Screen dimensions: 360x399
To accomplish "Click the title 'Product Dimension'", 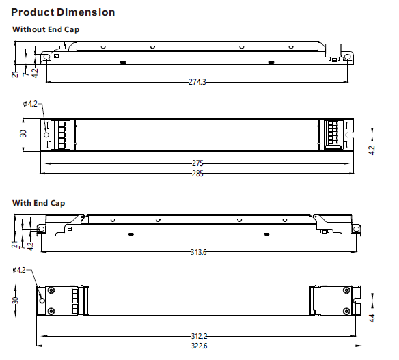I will point(63,12).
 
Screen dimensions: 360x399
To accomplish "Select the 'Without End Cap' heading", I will point(46,29).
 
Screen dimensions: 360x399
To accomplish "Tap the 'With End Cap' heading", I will point(38,203).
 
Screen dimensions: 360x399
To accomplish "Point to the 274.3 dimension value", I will point(197,82).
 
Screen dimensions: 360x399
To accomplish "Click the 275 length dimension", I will point(198,164).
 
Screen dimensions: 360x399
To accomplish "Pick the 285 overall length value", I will point(198,174).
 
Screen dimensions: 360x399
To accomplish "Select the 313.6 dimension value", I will point(198,252).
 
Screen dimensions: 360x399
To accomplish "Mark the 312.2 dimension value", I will point(198,335).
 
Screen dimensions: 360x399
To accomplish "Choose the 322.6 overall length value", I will point(198,346).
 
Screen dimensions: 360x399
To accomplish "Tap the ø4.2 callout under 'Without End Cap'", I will point(31,104).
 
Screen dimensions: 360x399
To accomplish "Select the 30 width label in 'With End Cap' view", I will point(15,300).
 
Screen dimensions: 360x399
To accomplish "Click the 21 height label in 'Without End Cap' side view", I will point(15,73).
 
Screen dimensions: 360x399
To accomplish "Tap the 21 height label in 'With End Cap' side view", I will point(14,243).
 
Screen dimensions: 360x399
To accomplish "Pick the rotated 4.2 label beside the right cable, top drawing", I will point(372,150).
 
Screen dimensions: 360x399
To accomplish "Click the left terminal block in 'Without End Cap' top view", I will point(62,135).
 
